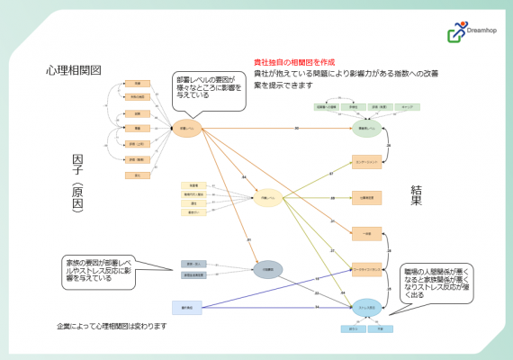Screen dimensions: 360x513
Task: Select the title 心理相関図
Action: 73,70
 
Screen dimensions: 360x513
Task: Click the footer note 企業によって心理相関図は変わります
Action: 112,326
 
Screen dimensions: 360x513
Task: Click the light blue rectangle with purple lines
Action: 188,308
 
